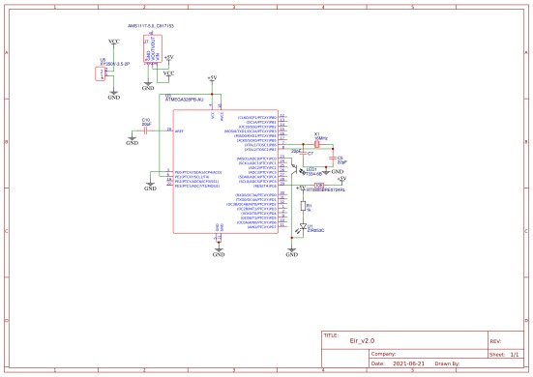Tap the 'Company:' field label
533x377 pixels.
(x=386, y=354)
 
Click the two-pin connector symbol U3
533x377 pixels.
(x=102, y=73)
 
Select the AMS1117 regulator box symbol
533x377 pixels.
(x=154, y=53)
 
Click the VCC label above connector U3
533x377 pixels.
(x=114, y=43)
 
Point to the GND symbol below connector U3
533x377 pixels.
(x=114, y=96)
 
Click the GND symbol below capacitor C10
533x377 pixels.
(x=133, y=141)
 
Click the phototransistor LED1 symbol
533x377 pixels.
(x=299, y=172)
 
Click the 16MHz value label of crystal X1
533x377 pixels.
(x=321, y=138)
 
